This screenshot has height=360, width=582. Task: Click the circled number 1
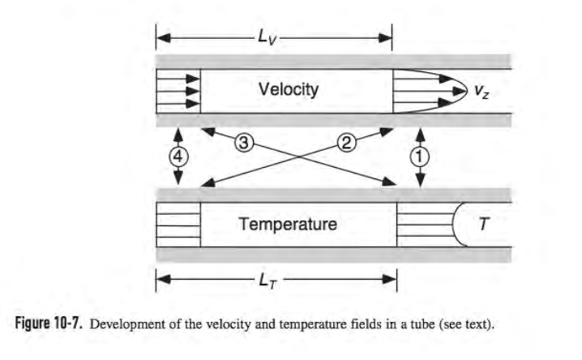click(x=420, y=157)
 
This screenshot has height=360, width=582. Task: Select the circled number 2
click(x=346, y=143)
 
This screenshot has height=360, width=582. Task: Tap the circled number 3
click(x=244, y=143)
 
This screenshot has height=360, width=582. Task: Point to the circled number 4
click(x=178, y=156)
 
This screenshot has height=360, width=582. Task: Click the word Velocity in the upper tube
click(x=289, y=89)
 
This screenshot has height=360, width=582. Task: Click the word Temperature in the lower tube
click(x=288, y=224)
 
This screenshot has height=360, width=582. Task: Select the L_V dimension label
click(x=267, y=37)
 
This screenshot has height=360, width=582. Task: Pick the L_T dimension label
click(x=268, y=281)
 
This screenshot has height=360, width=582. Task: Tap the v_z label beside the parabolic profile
click(x=481, y=92)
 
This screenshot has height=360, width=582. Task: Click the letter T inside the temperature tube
click(x=484, y=224)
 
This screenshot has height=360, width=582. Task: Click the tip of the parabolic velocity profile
click(x=467, y=91)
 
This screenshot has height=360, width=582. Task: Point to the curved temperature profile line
click(x=453, y=224)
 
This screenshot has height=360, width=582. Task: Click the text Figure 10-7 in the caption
click(x=48, y=324)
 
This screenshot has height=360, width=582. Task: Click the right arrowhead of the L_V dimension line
click(x=385, y=38)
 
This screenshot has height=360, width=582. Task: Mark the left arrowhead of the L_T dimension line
click(x=163, y=279)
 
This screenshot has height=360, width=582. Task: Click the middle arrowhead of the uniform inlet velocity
click(x=193, y=91)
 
